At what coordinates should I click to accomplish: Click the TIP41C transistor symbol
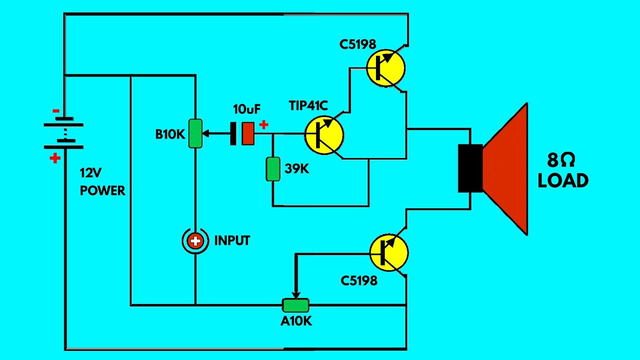324,135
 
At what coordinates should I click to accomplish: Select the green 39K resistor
272,169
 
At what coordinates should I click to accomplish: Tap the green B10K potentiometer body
195,133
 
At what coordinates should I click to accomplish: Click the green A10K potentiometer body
295,305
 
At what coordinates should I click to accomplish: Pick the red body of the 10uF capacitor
247,133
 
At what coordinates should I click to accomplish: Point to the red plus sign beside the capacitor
263,125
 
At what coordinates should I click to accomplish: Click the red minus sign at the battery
56,111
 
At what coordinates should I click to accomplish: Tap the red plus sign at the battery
55,158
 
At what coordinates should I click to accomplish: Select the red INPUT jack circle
195,241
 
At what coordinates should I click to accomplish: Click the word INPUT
232,241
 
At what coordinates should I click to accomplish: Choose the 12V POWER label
102,182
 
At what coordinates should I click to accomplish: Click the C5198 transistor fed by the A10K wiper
389,252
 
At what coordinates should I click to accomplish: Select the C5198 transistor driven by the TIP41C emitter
385,68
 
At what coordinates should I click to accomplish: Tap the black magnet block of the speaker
470,168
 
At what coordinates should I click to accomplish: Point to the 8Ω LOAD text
562,170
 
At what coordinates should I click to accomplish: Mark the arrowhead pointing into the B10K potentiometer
205,133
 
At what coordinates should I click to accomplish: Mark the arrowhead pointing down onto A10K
296,294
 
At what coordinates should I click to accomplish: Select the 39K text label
297,169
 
